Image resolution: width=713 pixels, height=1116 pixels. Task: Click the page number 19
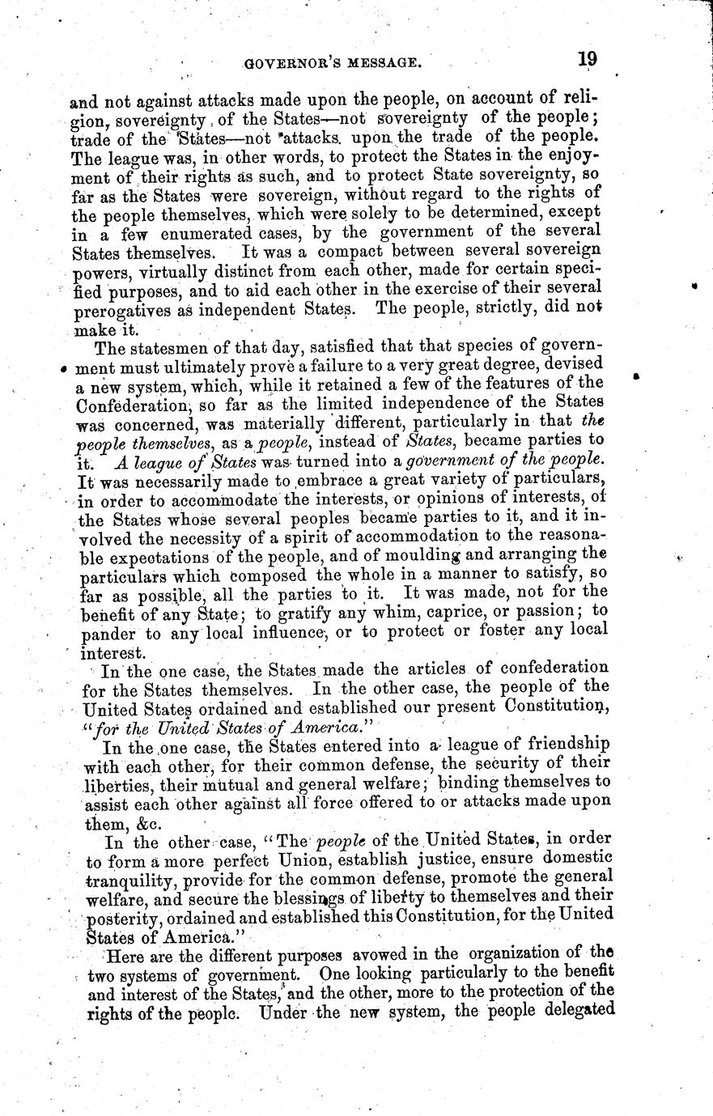[587, 59]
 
